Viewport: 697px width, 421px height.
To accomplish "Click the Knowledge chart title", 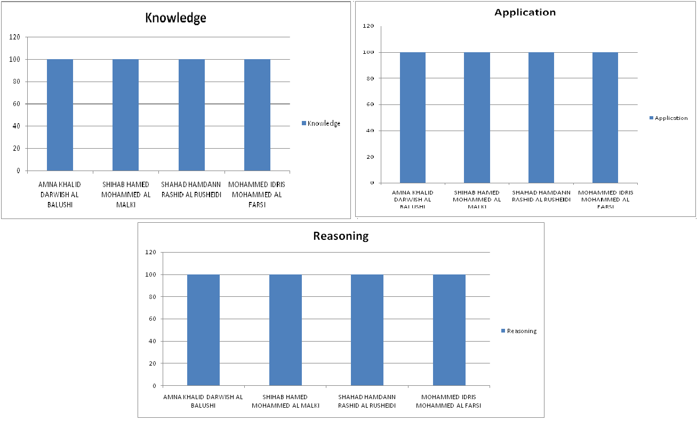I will pyautogui.click(x=176, y=18).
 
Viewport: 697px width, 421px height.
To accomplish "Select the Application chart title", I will pyautogui.click(x=525, y=12).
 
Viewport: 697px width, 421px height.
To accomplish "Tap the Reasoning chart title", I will pyautogui.click(x=341, y=236).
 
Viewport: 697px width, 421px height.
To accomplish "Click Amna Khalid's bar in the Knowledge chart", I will pyautogui.click(x=60, y=115).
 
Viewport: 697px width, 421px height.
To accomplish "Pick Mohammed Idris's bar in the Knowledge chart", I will pyautogui.click(x=257, y=115).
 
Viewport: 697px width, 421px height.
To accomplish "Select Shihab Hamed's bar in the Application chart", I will pyautogui.click(x=477, y=117).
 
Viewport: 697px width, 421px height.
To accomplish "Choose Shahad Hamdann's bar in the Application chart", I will pyautogui.click(x=541, y=117).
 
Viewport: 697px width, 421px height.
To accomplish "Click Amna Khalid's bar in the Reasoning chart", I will pyautogui.click(x=203, y=330).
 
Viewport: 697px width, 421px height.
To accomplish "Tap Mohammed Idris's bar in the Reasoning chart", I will pyautogui.click(x=449, y=330).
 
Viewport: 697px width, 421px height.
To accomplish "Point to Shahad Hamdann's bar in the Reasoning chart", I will pyautogui.click(x=367, y=330).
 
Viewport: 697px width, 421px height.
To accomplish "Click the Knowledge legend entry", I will pyautogui.click(x=321, y=124).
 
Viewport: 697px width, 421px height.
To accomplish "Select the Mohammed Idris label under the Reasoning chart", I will pyautogui.click(x=448, y=401).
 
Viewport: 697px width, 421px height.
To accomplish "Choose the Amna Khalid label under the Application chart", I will pyautogui.click(x=413, y=199).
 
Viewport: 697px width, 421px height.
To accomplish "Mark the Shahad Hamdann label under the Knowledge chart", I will pyautogui.click(x=191, y=190).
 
